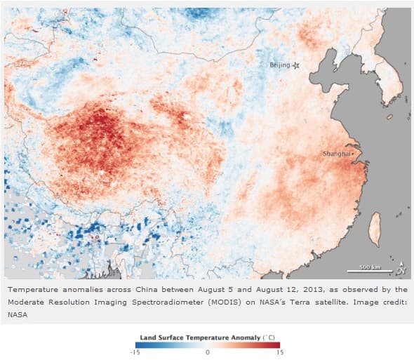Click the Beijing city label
(279, 65)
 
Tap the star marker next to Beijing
(296, 65)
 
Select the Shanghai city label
(335, 153)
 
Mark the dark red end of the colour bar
(278, 344)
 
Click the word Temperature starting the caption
(33, 289)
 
